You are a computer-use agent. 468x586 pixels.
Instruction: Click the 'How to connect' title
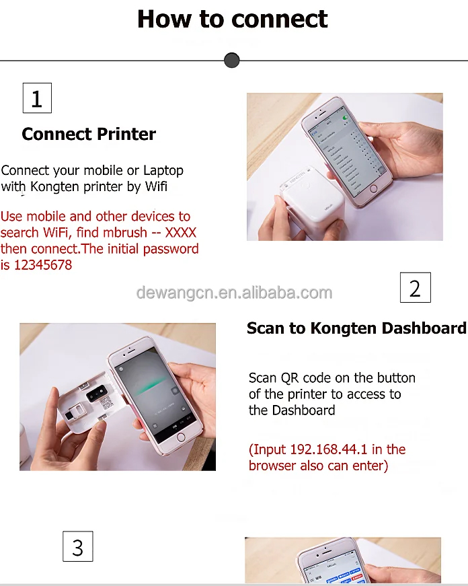click(232, 19)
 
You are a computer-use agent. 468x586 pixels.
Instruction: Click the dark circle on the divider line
click(231, 61)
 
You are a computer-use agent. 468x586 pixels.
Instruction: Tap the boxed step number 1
click(37, 98)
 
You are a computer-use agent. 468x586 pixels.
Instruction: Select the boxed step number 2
click(415, 288)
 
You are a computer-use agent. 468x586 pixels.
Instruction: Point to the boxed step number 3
click(77, 546)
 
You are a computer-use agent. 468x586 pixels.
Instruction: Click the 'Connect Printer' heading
click(89, 134)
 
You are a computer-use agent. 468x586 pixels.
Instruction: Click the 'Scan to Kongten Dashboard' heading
click(356, 328)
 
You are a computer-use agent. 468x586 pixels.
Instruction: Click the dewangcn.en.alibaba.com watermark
click(234, 293)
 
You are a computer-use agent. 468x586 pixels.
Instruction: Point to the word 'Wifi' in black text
click(156, 187)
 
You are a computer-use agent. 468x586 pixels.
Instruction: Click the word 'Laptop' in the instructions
click(163, 171)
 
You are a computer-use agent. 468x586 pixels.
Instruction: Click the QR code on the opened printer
click(105, 403)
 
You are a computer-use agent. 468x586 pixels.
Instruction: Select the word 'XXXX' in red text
click(181, 233)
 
